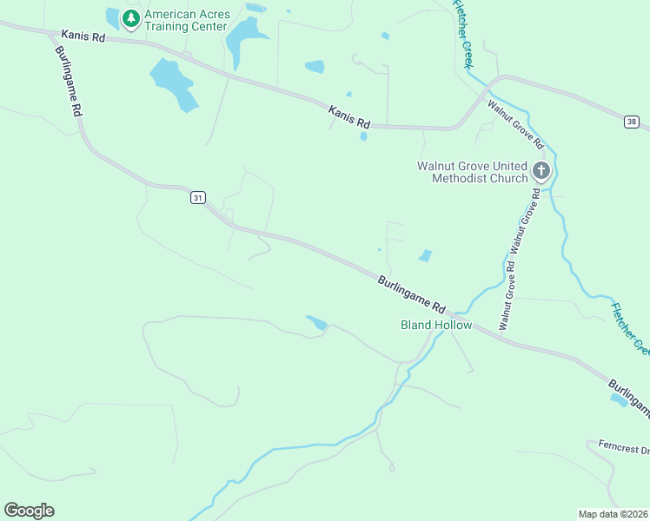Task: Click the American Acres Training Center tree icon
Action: point(130,18)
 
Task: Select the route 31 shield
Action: point(198,198)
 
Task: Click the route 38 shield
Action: point(631,122)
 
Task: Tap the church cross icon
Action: point(541,170)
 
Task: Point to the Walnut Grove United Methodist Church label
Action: point(472,172)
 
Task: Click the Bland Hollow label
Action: point(435,326)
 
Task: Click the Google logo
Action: point(29,511)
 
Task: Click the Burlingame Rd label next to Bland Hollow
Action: point(412,294)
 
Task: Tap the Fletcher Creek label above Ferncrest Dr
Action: point(630,328)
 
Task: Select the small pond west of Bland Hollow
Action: point(316,323)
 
